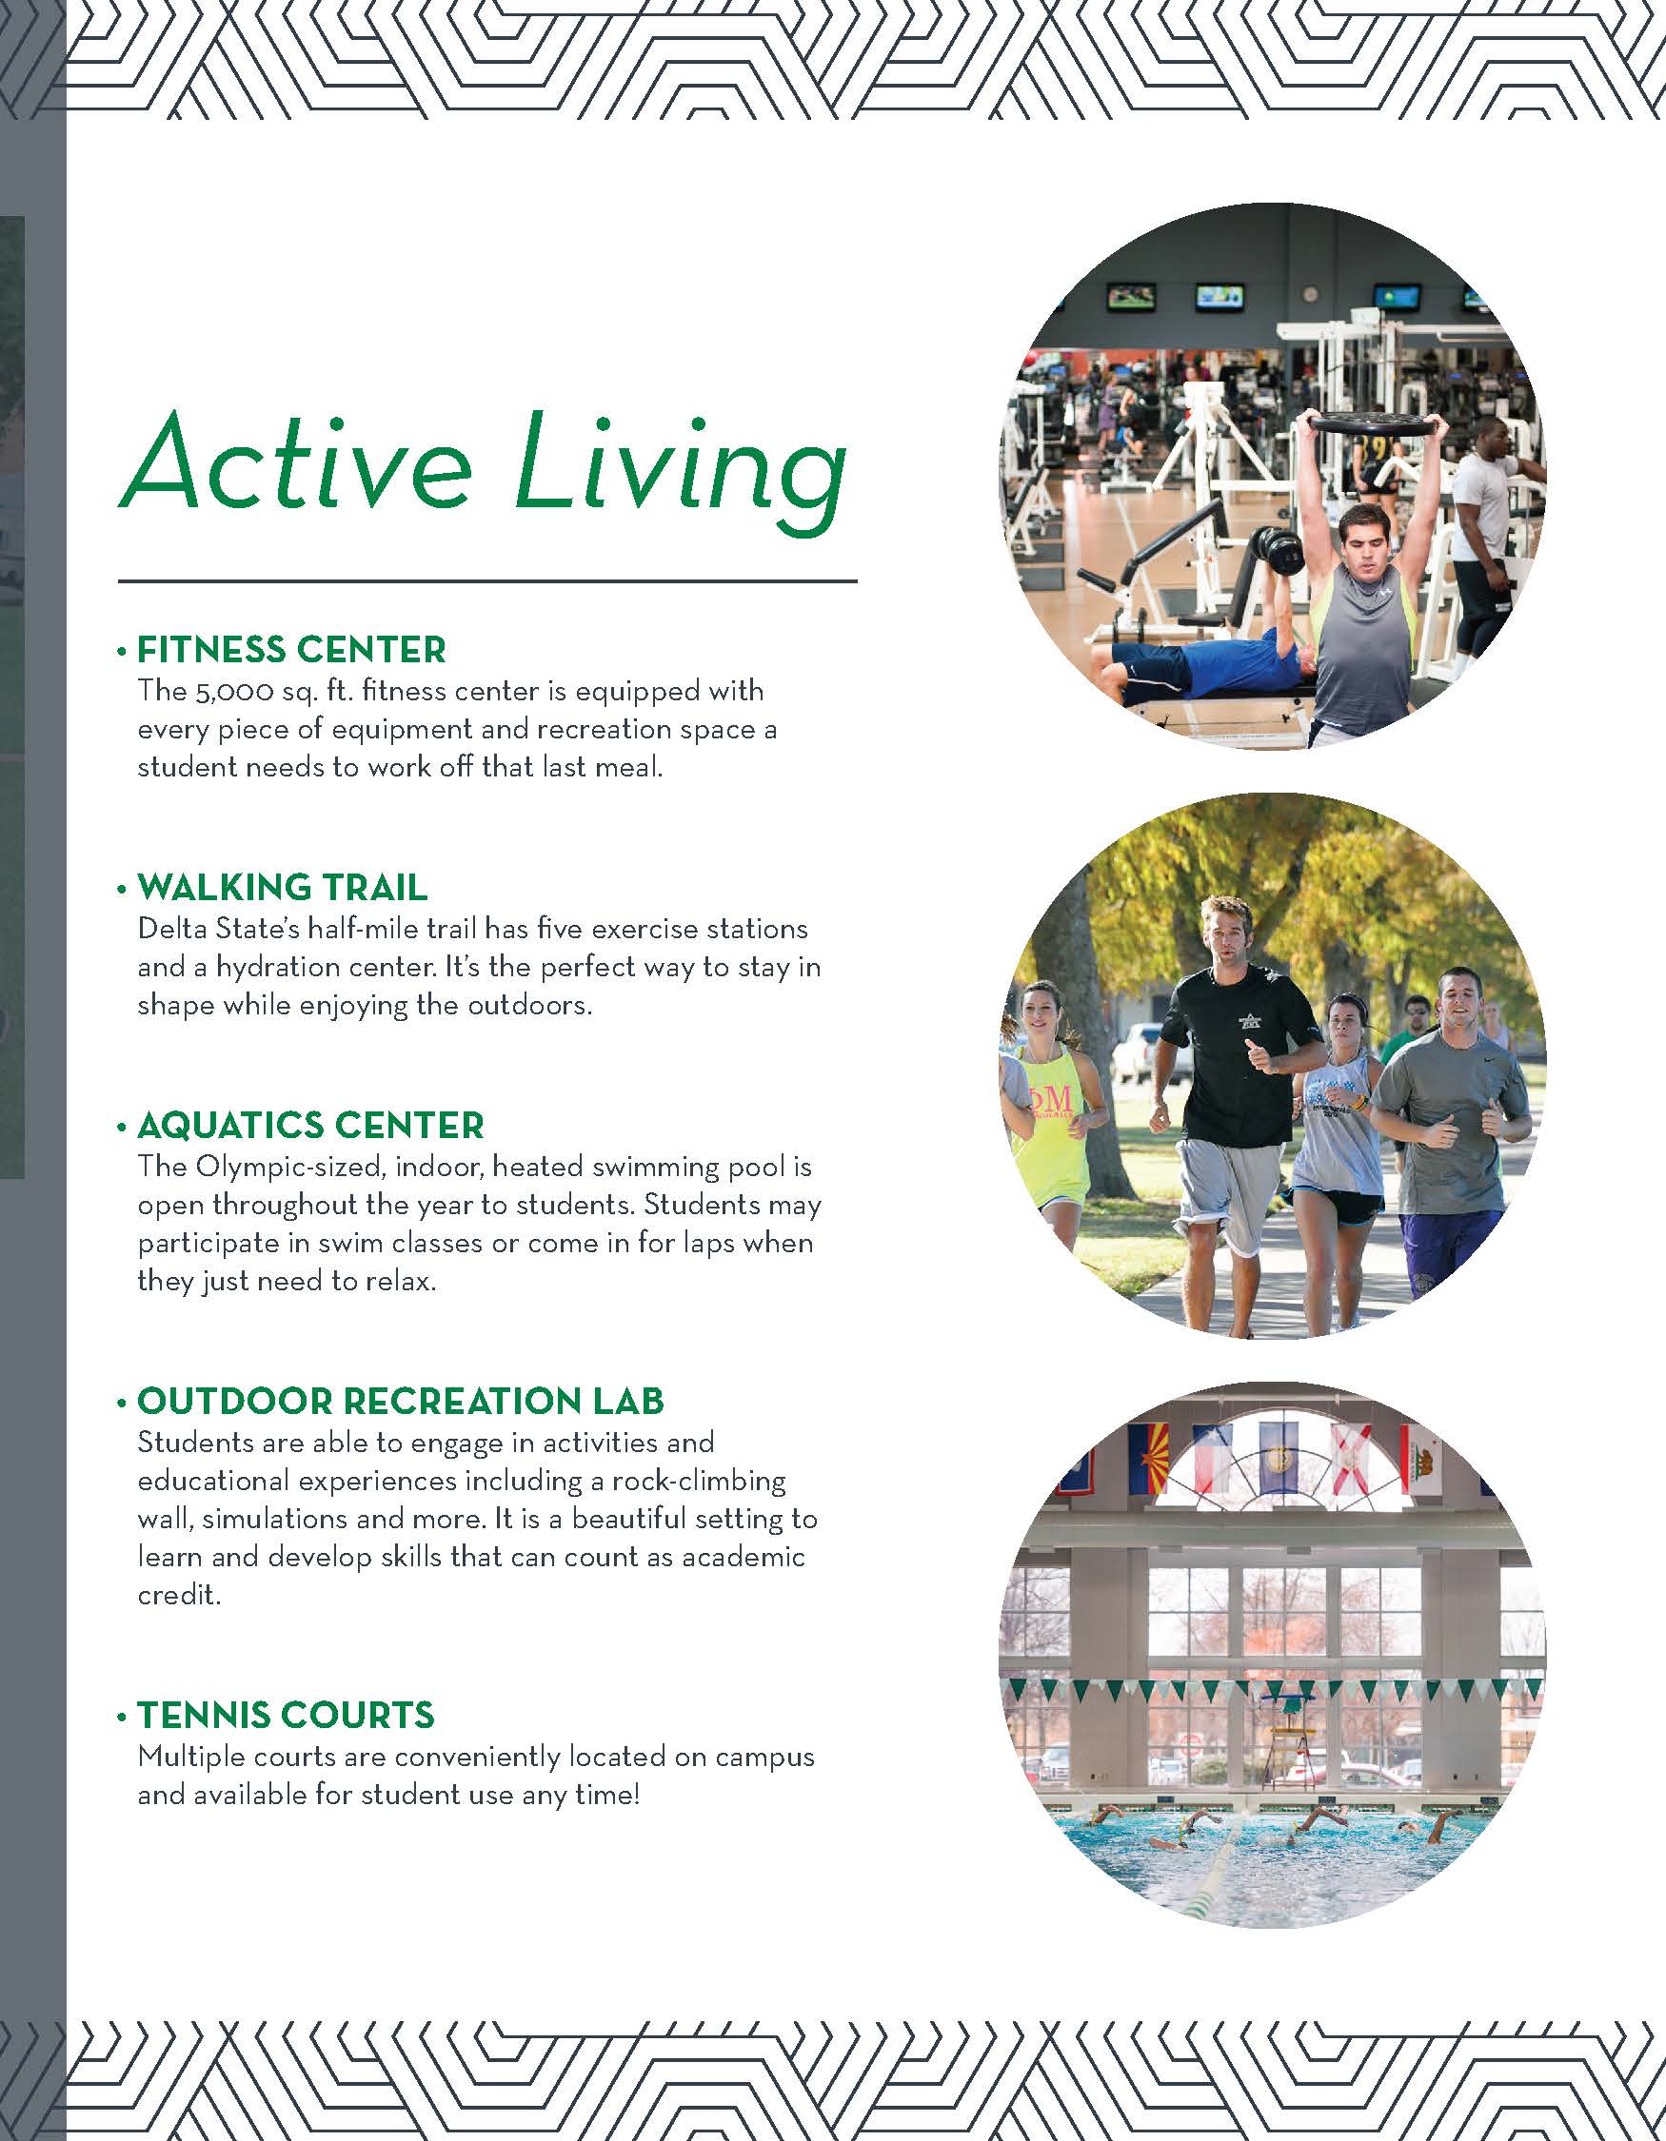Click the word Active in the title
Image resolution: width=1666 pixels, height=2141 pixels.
click(295, 462)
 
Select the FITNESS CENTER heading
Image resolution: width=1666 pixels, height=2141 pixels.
click(291, 650)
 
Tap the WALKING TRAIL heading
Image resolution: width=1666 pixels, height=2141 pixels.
click(283, 887)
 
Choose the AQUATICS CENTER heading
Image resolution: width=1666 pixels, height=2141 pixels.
click(311, 1125)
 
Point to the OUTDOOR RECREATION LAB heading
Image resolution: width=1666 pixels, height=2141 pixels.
click(400, 1401)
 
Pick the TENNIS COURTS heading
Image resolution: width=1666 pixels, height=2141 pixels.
click(286, 1715)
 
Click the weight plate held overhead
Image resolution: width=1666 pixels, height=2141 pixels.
click(1375, 423)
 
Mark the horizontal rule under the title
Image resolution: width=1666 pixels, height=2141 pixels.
click(487, 581)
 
